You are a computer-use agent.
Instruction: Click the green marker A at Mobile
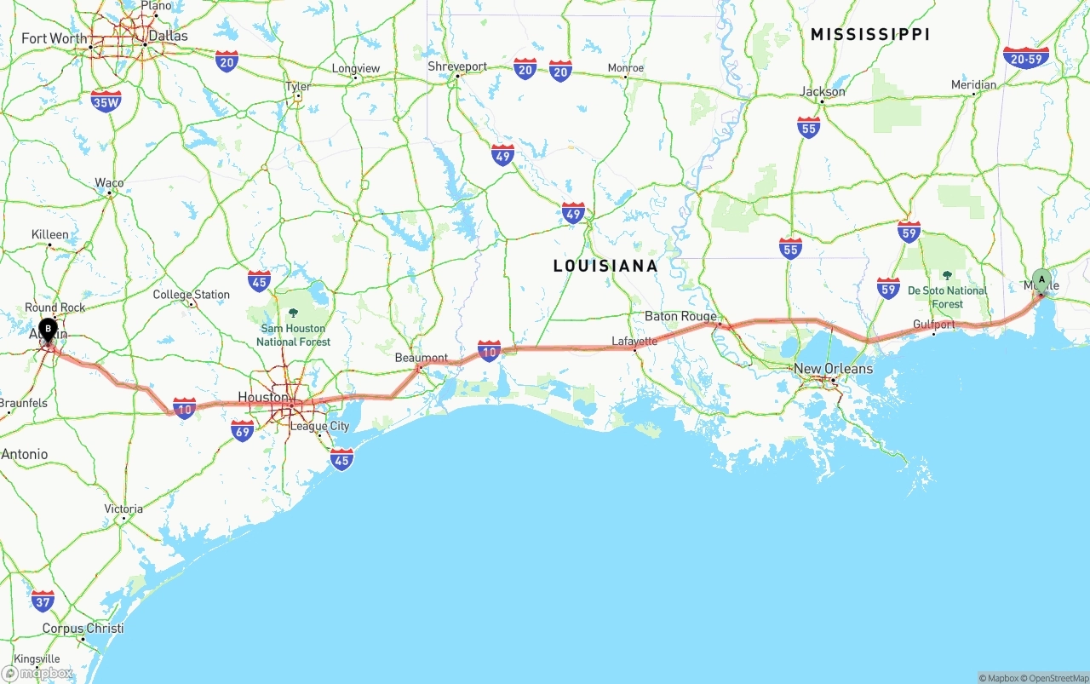pyautogui.click(x=1041, y=280)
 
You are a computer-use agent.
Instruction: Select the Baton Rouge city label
pyautogui.click(x=680, y=316)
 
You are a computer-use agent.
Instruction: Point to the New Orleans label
pyautogui.click(x=833, y=369)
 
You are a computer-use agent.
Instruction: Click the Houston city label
pyautogui.click(x=262, y=397)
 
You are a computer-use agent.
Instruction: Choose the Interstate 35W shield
pyautogui.click(x=106, y=102)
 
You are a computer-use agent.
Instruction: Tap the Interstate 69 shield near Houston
pyautogui.click(x=243, y=431)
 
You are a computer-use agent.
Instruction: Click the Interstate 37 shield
pyautogui.click(x=43, y=601)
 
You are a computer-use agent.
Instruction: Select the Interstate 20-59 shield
pyautogui.click(x=1026, y=58)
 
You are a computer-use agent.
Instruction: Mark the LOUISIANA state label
pyautogui.click(x=605, y=266)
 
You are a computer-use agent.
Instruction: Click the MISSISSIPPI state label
pyautogui.click(x=869, y=34)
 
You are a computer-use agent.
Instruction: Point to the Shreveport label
pyautogui.click(x=457, y=66)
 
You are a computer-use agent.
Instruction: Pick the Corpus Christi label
pyautogui.click(x=83, y=629)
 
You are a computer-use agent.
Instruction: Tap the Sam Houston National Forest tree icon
pyautogui.click(x=293, y=313)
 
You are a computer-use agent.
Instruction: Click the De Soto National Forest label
pyautogui.click(x=947, y=297)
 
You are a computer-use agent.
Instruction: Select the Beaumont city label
pyautogui.click(x=421, y=358)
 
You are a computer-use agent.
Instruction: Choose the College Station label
pyautogui.click(x=191, y=295)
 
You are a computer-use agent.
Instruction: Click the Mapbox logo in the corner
pyautogui.click(x=37, y=673)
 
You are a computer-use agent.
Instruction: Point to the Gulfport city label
pyautogui.click(x=933, y=325)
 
